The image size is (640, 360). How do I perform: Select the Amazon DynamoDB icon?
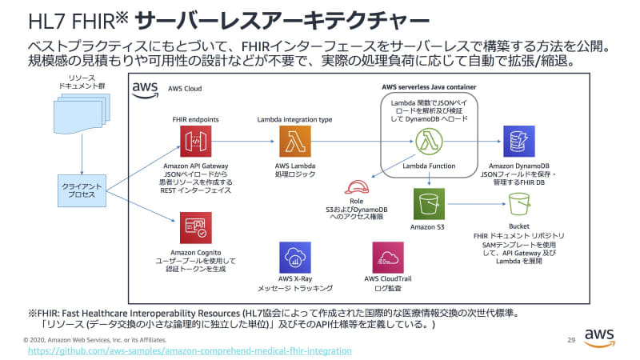coord(518,142)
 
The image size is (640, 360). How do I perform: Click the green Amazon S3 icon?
coord(429,204)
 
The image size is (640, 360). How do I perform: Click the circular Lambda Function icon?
coord(429,142)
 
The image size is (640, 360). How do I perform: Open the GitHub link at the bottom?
coord(190,350)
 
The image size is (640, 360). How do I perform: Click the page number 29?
coord(570,338)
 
